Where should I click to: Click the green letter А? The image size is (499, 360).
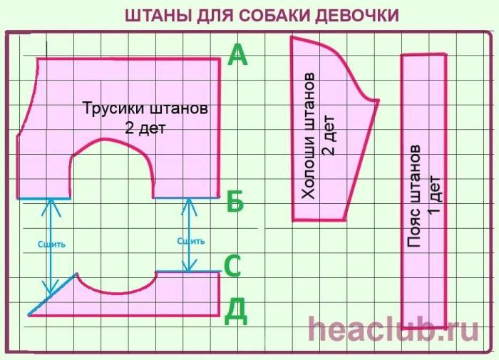point(237,56)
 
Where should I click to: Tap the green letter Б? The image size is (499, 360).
point(235,202)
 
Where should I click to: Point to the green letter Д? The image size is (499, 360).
point(237,310)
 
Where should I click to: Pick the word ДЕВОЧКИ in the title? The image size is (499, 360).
point(364,15)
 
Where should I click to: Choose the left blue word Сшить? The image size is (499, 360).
point(51,244)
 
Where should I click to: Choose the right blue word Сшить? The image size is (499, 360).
point(190,240)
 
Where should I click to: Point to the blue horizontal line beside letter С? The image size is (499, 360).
point(187,272)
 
